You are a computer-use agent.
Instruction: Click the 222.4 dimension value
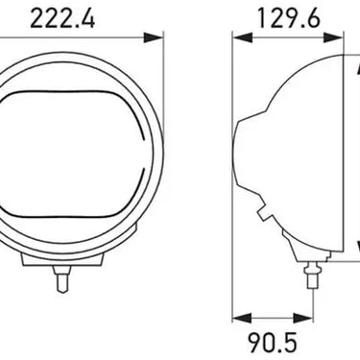(x=62, y=19)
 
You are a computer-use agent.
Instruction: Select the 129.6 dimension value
(x=289, y=18)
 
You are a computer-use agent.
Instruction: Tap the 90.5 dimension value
(x=273, y=343)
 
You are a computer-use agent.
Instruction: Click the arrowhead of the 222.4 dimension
(x=154, y=37)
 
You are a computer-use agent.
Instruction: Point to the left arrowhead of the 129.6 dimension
(x=243, y=37)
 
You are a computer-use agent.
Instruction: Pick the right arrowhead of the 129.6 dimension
(x=333, y=37)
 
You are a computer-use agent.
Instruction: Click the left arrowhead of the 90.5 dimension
(x=242, y=318)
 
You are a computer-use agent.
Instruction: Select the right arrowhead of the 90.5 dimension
(x=302, y=318)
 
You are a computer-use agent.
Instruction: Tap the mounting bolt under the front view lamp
(x=61, y=278)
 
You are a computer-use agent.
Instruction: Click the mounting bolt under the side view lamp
(x=312, y=275)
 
